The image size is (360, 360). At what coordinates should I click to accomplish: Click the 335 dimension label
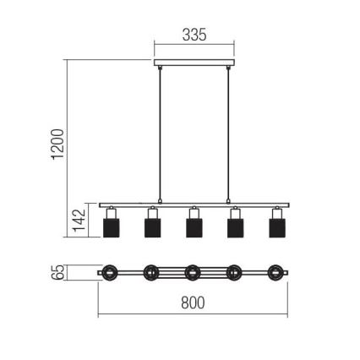tap(194, 35)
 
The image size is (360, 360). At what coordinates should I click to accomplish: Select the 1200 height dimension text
tap(57, 144)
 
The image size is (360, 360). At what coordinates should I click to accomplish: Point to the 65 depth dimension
tap(57, 272)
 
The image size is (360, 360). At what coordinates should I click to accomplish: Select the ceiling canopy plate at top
tap(193, 62)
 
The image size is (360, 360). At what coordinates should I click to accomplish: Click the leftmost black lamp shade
tap(110, 228)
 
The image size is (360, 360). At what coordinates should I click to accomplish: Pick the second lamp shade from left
tap(152, 228)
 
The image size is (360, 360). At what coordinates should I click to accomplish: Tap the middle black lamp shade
tap(193, 228)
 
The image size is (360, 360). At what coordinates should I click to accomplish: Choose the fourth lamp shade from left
tap(234, 228)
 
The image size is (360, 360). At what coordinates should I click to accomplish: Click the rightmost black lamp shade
tap(275, 228)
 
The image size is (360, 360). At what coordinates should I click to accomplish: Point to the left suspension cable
tap(158, 135)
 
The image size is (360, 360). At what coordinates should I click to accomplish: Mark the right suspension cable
tap(228, 135)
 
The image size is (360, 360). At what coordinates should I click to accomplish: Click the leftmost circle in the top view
tap(110, 272)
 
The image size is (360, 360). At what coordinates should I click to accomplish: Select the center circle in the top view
tap(193, 272)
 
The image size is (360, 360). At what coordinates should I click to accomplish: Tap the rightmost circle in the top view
tap(275, 272)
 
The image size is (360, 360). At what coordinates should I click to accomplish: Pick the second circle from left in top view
tap(151, 272)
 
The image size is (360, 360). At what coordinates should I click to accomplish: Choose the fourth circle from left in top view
tap(234, 272)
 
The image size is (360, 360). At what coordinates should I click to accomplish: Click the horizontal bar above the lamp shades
tap(193, 205)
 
